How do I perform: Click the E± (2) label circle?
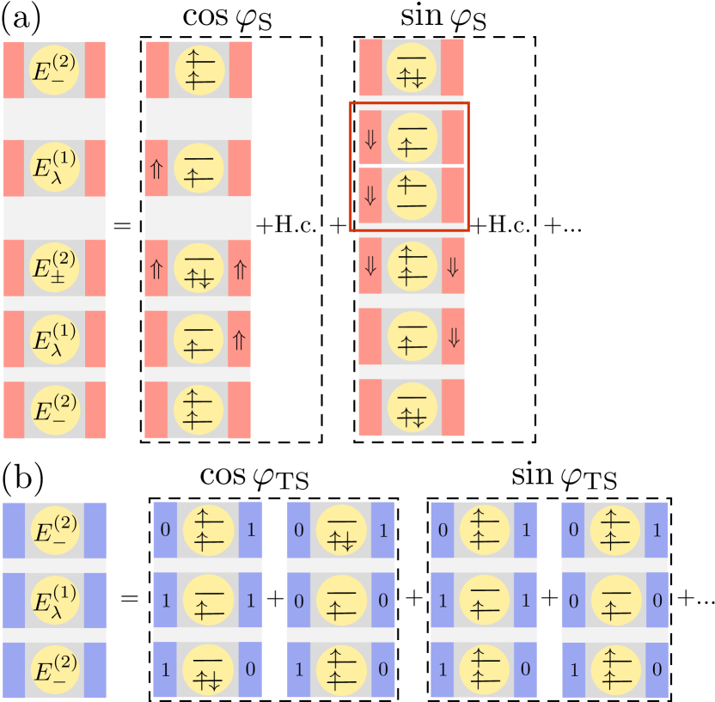(x=54, y=267)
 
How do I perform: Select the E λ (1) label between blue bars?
(x=54, y=599)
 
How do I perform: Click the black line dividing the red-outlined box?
(x=409, y=166)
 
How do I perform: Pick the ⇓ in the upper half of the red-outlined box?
(x=370, y=139)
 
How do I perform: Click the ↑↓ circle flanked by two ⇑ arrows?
(x=199, y=267)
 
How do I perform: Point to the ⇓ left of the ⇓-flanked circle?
(x=370, y=266)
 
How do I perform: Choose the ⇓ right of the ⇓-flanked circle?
(x=454, y=266)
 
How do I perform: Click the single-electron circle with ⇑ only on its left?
(x=199, y=168)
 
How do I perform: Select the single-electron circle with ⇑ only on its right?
(x=199, y=339)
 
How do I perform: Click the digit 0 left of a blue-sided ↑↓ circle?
(x=298, y=529)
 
